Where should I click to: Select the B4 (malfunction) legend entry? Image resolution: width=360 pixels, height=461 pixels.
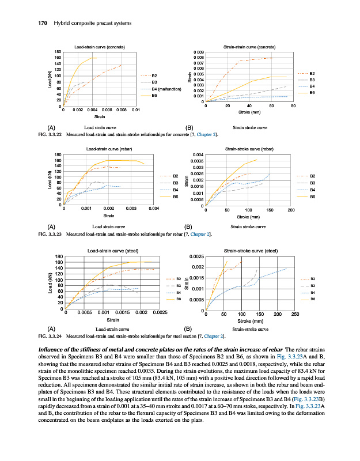(166, 89)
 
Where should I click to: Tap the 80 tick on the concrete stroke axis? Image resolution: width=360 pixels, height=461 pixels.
(293, 106)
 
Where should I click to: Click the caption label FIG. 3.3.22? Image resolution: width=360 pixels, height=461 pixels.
(50, 134)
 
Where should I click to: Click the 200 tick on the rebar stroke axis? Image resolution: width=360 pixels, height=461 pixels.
(291, 210)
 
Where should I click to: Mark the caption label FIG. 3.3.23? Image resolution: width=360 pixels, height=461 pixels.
(50, 235)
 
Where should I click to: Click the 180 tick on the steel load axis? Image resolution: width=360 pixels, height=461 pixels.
(59, 256)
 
